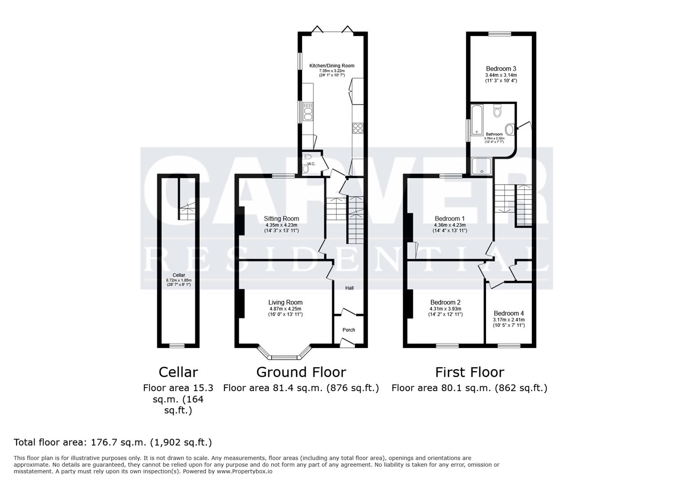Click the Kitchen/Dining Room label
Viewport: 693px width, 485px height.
click(332, 66)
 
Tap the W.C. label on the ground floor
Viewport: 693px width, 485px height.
click(311, 164)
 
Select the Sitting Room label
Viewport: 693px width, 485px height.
click(281, 219)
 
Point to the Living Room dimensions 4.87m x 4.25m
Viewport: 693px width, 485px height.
click(285, 309)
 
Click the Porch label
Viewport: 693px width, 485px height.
click(349, 330)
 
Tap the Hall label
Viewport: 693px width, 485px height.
click(349, 288)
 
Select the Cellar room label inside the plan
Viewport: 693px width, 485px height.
click(179, 275)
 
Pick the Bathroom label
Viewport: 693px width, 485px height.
click(494, 134)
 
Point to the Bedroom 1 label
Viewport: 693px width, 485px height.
click(450, 219)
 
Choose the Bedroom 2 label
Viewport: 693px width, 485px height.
click(445, 302)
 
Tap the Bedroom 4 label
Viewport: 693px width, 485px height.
click(509, 313)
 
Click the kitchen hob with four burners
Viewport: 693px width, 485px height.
click(358, 128)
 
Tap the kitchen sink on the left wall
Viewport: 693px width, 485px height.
click(308, 111)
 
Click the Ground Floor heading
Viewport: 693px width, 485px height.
click(301, 372)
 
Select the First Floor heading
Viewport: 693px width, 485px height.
click(469, 372)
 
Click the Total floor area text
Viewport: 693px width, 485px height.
click(113, 442)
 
